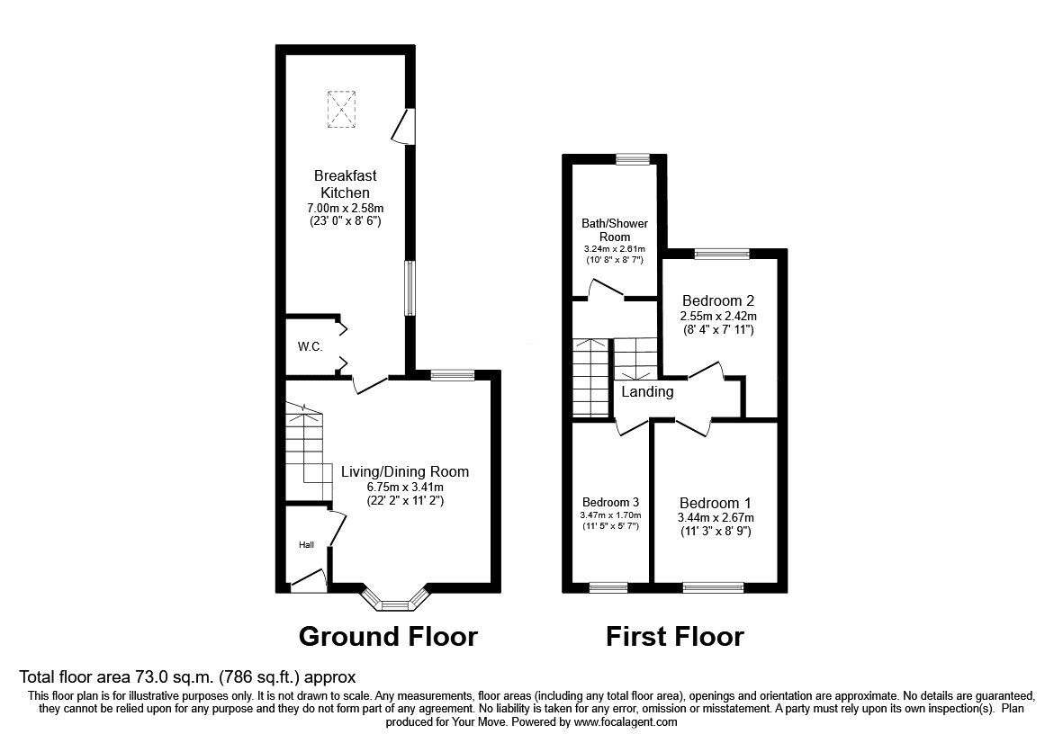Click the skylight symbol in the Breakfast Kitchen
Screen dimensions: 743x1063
click(342, 108)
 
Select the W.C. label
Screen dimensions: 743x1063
click(310, 347)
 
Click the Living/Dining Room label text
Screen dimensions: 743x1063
click(404, 471)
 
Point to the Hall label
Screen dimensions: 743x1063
click(307, 545)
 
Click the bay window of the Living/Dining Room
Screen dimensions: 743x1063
click(394, 601)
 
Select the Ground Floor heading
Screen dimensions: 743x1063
click(387, 637)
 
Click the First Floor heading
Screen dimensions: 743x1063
click(674, 637)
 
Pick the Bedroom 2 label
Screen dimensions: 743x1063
click(717, 300)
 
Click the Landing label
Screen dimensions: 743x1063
click(647, 392)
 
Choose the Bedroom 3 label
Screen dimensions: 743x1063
click(610, 502)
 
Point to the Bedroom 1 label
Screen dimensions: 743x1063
click(715, 503)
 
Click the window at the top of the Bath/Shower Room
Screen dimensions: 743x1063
click(628, 159)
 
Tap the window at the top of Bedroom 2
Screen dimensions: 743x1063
click(721, 254)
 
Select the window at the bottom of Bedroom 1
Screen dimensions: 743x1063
click(713, 587)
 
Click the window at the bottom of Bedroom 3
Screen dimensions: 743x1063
click(608, 587)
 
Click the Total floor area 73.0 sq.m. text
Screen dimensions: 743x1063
click(188, 677)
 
